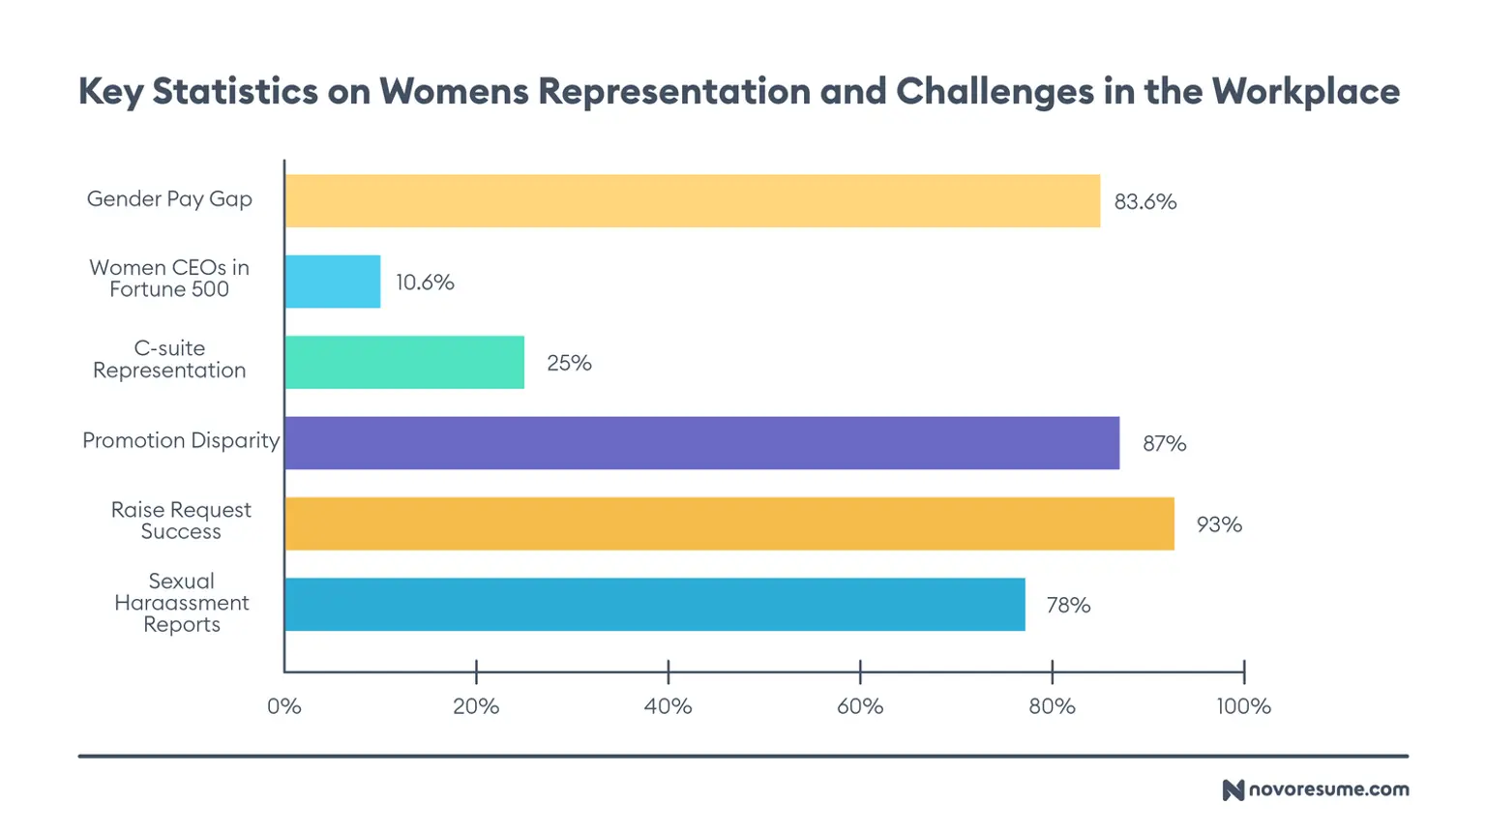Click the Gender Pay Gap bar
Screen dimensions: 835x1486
point(692,201)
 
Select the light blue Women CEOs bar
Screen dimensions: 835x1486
point(333,282)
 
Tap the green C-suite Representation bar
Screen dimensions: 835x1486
point(404,363)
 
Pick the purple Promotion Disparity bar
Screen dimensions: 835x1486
point(701,443)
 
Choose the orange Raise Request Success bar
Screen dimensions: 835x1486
point(729,523)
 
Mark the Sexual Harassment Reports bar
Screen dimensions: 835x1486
point(655,605)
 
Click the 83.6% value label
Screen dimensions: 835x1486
point(1144,202)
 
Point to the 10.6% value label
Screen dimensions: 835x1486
point(424,283)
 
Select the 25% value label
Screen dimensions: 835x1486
point(569,363)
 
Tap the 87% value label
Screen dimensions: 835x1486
point(1164,444)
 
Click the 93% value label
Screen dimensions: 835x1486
point(1219,524)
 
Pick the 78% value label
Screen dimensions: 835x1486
point(1068,606)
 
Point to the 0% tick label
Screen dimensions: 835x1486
point(284,706)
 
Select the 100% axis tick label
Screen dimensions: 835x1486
point(1243,706)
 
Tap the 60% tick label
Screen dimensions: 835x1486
point(859,706)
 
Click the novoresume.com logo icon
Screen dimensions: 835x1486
point(1233,790)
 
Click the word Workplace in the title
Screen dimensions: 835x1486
point(1305,91)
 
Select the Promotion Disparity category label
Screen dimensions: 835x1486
point(181,440)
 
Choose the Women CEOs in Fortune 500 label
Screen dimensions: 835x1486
point(169,279)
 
